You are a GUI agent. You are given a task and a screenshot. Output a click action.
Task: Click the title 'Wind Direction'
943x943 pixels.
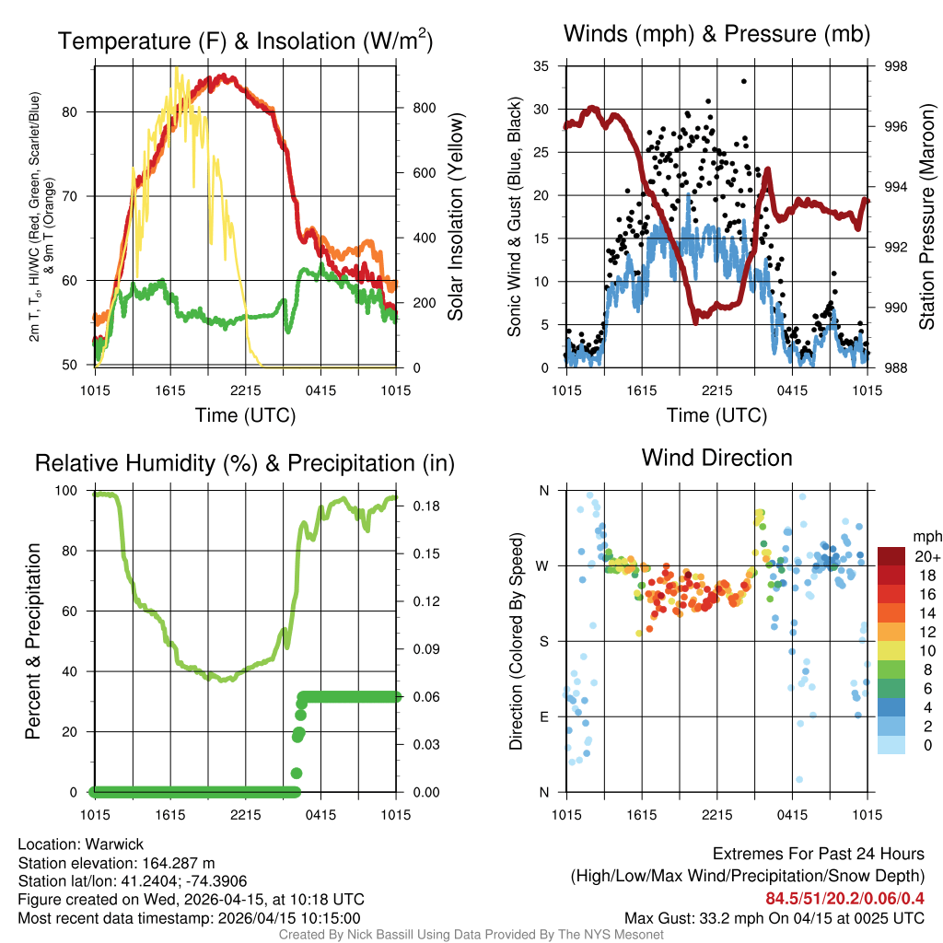point(716,458)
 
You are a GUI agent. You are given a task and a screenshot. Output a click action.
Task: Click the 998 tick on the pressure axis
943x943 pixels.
point(895,66)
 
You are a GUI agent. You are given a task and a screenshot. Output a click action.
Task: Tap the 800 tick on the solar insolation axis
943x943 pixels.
point(424,108)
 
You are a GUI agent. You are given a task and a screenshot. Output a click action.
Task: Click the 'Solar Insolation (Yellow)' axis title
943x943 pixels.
point(455,217)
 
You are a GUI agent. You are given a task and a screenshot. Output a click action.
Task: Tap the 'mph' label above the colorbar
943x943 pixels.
point(926,536)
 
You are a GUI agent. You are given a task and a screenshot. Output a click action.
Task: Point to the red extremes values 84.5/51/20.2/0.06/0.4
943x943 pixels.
point(845,898)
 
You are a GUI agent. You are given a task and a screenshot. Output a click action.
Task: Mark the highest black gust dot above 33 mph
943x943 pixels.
point(743,81)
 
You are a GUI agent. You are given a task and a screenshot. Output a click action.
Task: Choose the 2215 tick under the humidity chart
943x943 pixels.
point(247,814)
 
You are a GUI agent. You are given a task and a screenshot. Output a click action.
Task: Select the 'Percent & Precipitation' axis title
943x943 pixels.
point(32,641)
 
